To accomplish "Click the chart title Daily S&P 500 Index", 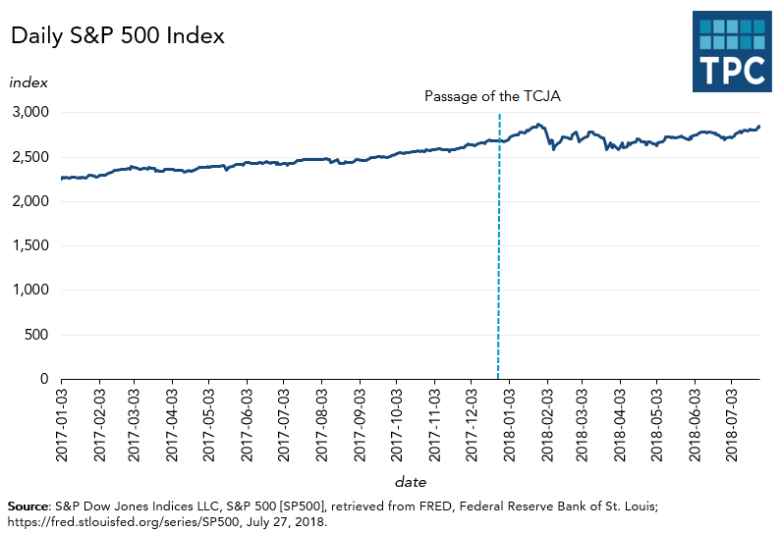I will [x=117, y=36].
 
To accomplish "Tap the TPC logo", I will [x=732, y=52].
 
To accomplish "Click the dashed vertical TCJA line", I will [x=499, y=245].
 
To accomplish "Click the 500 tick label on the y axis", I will [x=35, y=335].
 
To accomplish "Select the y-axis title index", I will [x=28, y=81].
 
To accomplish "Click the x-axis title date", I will [x=410, y=482].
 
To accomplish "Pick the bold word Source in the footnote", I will [x=28, y=505].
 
